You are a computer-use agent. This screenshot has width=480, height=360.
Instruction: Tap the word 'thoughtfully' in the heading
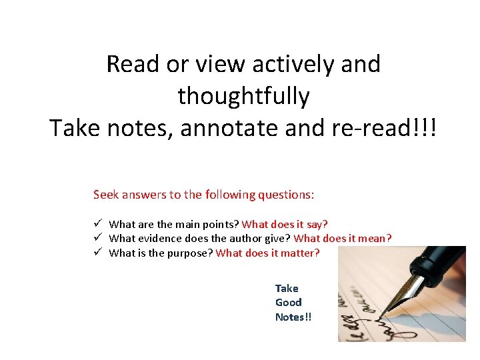point(243,97)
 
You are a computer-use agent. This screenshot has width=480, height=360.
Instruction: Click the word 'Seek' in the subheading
point(105,195)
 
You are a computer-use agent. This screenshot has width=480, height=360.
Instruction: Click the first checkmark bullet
point(97,224)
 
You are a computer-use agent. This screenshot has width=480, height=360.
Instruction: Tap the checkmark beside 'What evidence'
point(97,238)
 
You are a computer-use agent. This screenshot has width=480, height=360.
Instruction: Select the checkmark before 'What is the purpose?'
point(97,253)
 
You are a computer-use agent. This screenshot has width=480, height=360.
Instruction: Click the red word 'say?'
point(315,225)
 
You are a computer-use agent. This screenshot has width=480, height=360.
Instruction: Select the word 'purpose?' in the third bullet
point(191,253)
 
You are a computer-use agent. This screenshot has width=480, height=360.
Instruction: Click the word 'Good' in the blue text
point(288,303)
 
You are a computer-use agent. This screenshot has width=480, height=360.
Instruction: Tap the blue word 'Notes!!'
point(293,317)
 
